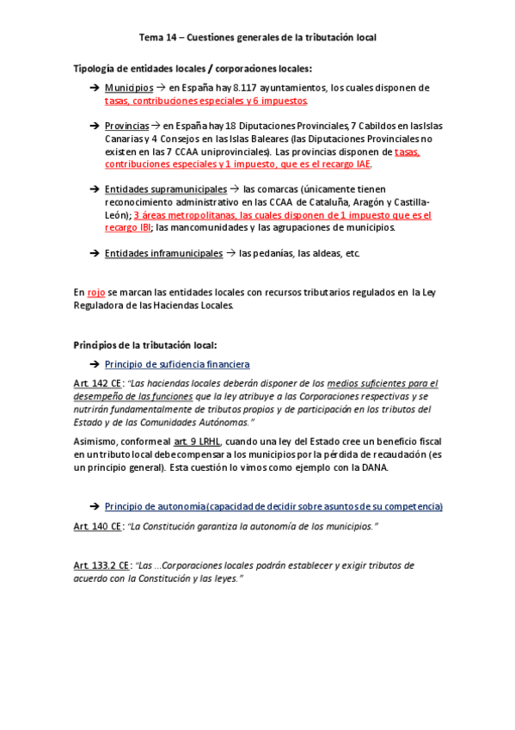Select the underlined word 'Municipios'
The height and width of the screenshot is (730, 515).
point(129,88)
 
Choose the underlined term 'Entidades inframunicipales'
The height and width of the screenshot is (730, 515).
point(160,253)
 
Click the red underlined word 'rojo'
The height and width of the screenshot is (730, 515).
point(96,293)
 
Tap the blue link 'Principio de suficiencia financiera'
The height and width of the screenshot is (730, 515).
point(177,364)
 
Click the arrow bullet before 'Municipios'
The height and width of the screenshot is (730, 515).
point(95,88)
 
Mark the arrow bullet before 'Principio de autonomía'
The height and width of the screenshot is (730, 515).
point(95,506)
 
